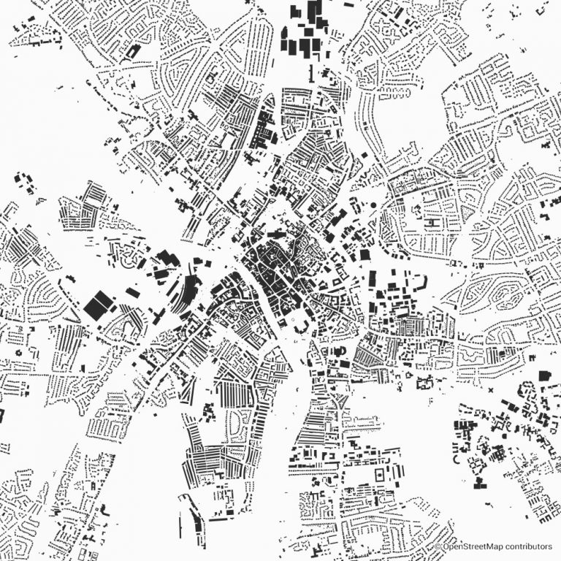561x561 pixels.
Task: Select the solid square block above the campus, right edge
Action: point(543,375)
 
